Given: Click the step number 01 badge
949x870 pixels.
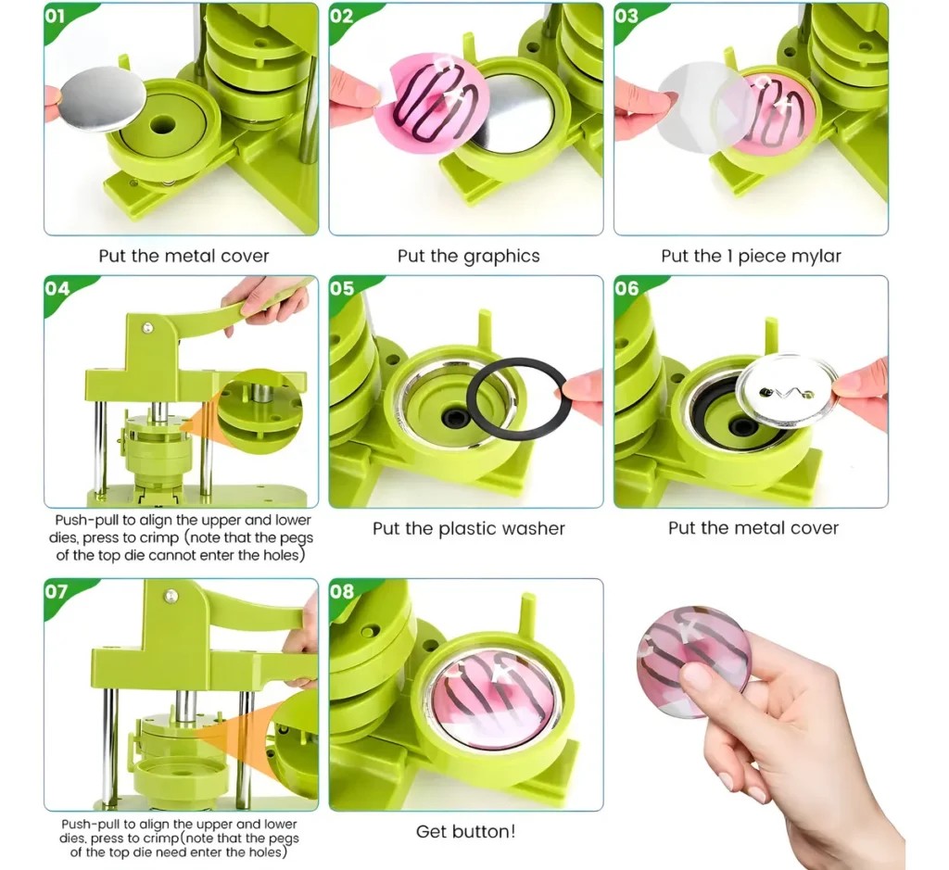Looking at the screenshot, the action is tap(55, 16).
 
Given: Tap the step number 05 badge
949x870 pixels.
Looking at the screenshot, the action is tap(341, 288).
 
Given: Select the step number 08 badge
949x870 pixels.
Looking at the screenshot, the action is tap(341, 591).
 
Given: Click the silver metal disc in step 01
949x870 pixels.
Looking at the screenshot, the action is tap(104, 97).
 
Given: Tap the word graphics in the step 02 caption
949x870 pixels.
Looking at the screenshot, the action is tap(501, 257).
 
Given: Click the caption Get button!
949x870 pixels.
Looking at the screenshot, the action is tap(465, 831).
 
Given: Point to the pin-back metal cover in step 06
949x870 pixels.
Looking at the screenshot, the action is tap(788, 390).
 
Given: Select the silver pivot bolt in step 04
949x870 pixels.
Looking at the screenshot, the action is tap(147, 328).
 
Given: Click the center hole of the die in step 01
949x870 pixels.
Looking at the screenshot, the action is tap(162, 126).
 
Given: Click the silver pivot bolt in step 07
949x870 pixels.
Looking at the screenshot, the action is tap(172, 597).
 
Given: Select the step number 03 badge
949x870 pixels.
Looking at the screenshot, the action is tap(626, 16).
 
